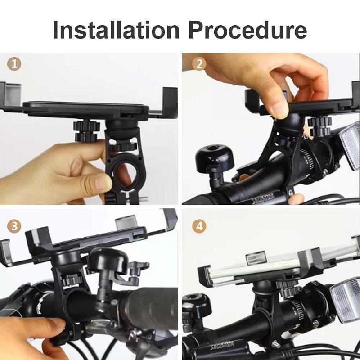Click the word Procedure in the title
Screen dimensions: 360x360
point(247,30)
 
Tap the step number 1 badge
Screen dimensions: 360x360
point(15,64)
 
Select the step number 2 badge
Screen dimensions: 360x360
point(199,64)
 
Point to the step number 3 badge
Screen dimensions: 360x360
point(15,226)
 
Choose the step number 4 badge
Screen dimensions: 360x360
point(199,226)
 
